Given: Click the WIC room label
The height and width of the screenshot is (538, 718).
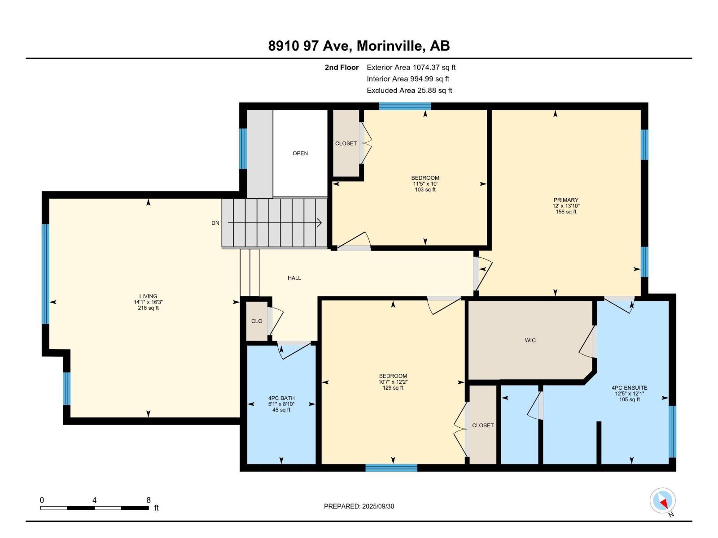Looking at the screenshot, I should (x=530, y=340).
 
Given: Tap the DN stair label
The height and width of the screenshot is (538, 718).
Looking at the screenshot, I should (x=215, y=223).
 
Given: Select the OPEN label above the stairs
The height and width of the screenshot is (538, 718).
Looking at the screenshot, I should (x=300, y=153).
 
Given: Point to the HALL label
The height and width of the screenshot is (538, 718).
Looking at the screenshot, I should (x=294, y=278).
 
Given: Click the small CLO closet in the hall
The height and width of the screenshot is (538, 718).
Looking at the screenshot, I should (x=257, y=321).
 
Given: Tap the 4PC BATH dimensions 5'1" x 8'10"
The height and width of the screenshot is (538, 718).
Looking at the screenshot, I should (x=281, y=404).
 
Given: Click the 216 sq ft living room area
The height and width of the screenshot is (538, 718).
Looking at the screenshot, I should (x=148, y=308).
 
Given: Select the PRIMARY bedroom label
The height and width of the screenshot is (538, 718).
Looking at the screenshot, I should (x=566, y=200).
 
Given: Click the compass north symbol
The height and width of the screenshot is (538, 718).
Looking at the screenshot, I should (x=662, y=501).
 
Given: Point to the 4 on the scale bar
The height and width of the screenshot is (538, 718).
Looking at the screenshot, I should (x=94, y=500).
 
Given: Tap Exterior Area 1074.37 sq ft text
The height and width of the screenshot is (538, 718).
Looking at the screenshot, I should (x=411, y=67).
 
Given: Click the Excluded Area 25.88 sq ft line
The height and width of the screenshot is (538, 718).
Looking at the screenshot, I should (x=409, y=91).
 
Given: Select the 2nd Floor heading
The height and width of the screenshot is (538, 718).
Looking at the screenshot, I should (x=341, y=67).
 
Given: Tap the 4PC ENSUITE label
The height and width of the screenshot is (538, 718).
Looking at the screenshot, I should (x=629, y=388).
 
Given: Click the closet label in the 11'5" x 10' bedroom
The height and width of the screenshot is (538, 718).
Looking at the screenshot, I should (x=346, y=143).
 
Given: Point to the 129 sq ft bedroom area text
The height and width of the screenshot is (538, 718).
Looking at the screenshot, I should (x=393, y=388).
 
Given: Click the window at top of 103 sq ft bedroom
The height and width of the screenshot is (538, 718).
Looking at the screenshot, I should (x=405, y=106).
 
